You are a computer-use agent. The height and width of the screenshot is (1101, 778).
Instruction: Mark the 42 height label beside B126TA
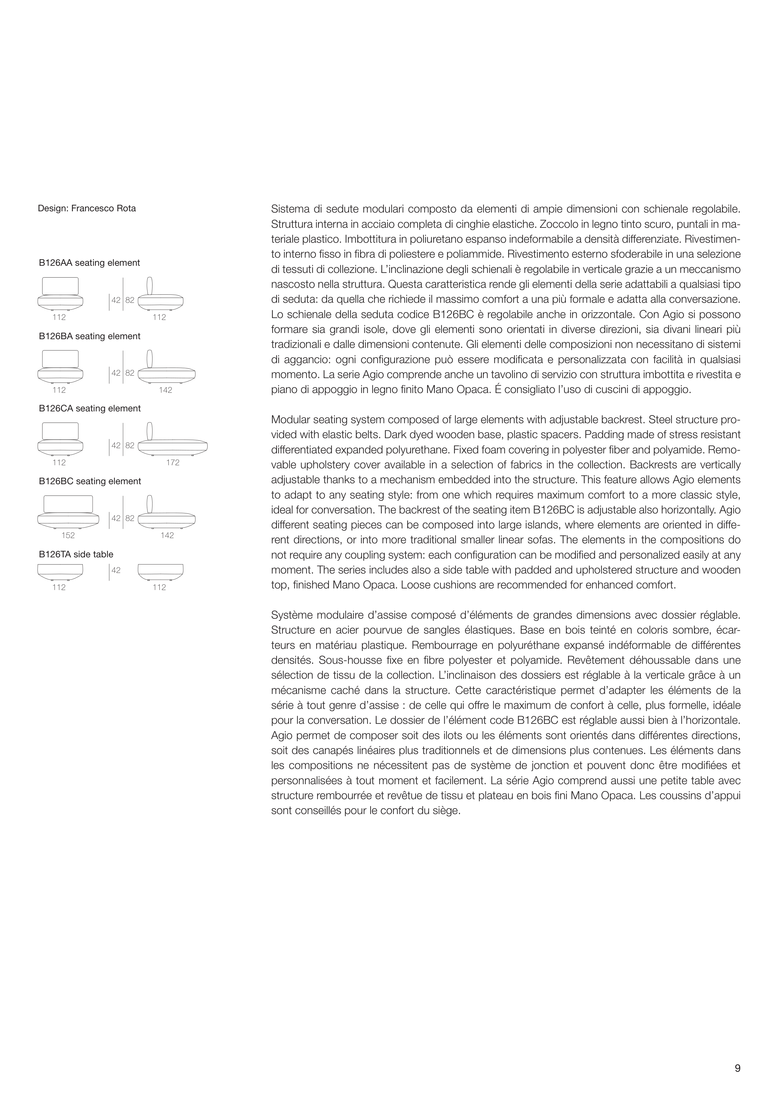[116, 571]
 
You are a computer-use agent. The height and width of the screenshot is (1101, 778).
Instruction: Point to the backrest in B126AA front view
[60, 286]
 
